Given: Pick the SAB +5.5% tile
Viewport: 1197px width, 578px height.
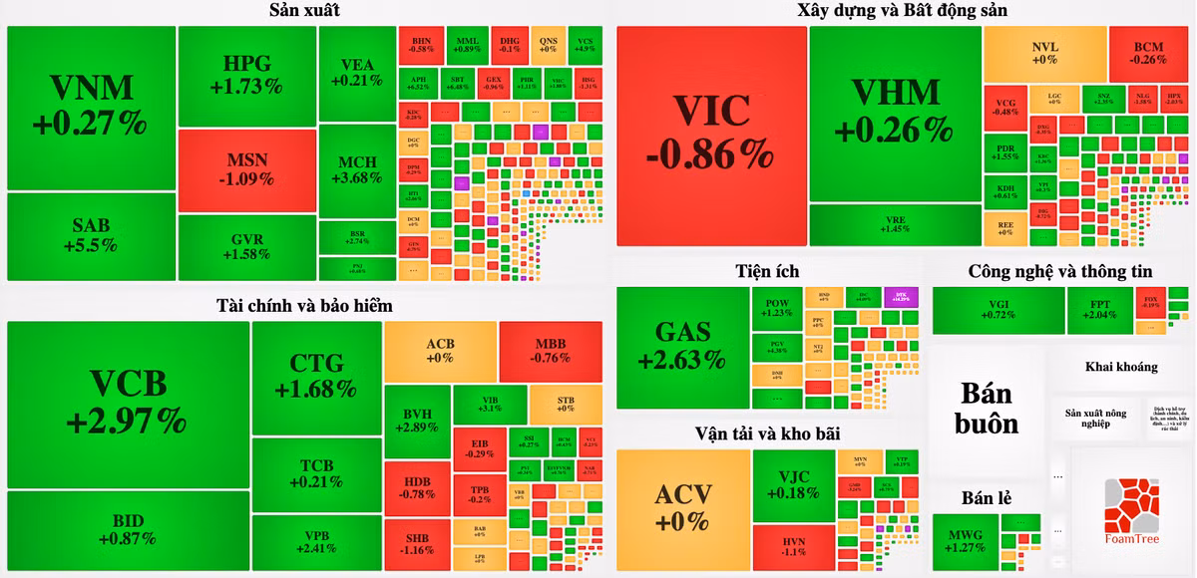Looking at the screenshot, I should click(x=91, y=236).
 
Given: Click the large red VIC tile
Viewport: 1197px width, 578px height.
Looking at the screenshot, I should click(x=711, y=135).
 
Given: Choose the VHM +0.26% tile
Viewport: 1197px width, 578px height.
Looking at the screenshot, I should click(x=895, y=112).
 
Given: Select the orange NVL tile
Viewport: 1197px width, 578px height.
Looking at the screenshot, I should click(x=1044, y=53).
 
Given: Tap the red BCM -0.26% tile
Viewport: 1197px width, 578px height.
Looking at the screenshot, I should click(x=1149, y=53).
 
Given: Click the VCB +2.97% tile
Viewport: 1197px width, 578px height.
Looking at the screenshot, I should click(x=127, y=404).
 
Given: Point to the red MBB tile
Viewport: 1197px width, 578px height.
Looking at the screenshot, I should click(x=550, y=350).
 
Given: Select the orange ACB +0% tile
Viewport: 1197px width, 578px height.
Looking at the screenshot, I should click(x=440, y=350).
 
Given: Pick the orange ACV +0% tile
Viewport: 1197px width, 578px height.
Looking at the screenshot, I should click(x=682, y=508).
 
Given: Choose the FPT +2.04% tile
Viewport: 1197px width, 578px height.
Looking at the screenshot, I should click(x=1098, y=309).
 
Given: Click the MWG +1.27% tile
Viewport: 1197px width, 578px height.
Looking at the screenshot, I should click(x=966, y=541).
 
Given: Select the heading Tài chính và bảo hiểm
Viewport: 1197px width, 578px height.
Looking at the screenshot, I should click(x=304, y=305).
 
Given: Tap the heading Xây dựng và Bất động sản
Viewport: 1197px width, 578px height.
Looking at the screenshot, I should click(x=903, y=10).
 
